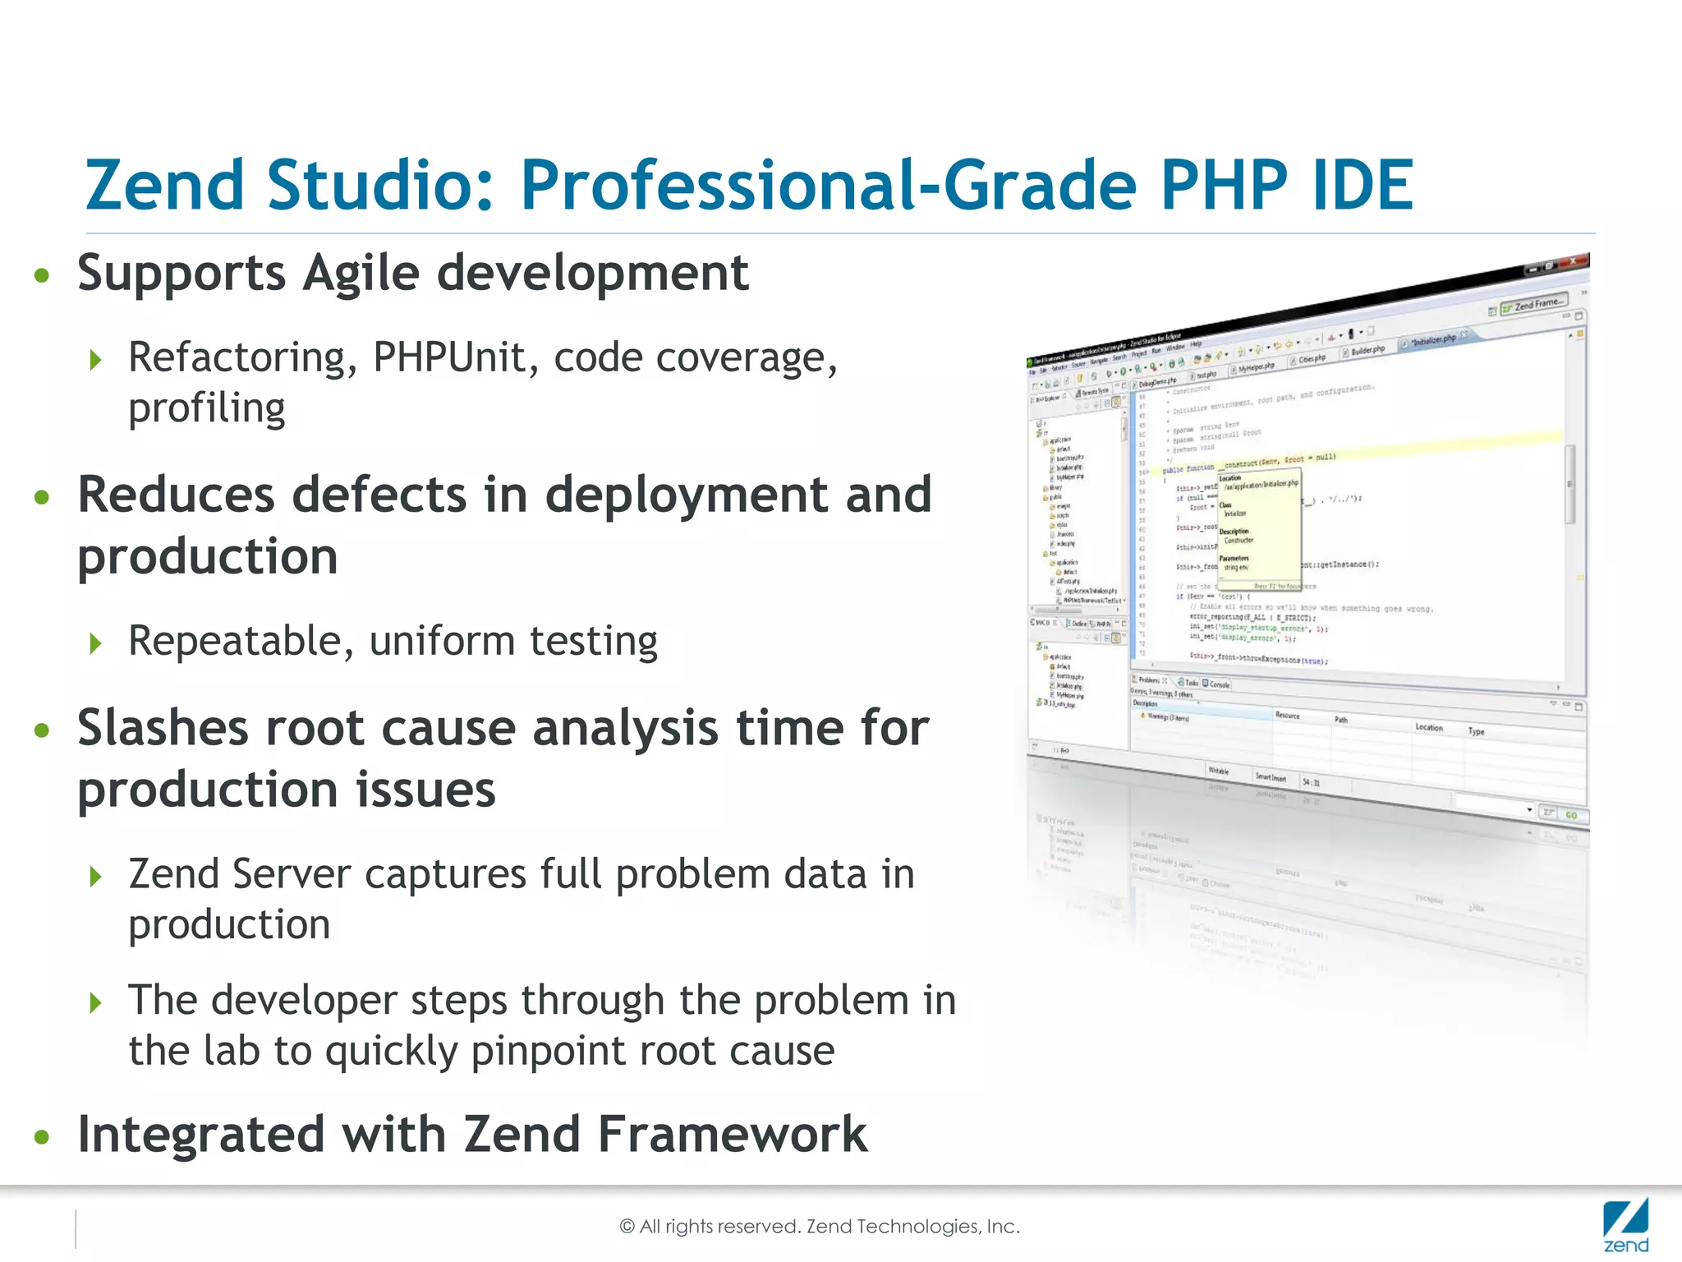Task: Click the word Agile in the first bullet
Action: click(x=361, y=274)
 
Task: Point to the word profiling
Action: click(x=207, y=408)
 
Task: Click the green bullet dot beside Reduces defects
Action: click(x=42, y=497)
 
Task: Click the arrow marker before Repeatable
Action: click(x=96, y=643)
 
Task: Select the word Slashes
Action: click(x=163, y=729)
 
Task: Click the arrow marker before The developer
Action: click(x=96, y=1002)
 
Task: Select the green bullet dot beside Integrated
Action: click(x=42, y=1137)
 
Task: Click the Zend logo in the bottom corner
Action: click(x=1625, y=1226)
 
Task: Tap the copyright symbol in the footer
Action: click(x=627, y=1227)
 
